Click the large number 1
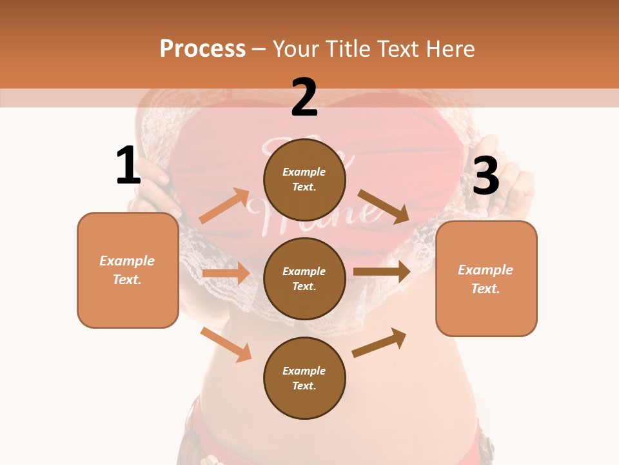coord(128,167)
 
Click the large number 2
coord(304,98)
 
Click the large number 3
coord(486,176)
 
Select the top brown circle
coord(304,180)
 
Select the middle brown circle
coord(304,278)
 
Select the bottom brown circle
coord(304,378)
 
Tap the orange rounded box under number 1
coord(128,270)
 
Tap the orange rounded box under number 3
coord(486,278)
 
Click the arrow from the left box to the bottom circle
coord(226,344)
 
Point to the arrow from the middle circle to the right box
coord(382,272)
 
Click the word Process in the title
coord(202,48)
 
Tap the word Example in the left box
coord(127,261)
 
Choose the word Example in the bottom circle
coord(304,371)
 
